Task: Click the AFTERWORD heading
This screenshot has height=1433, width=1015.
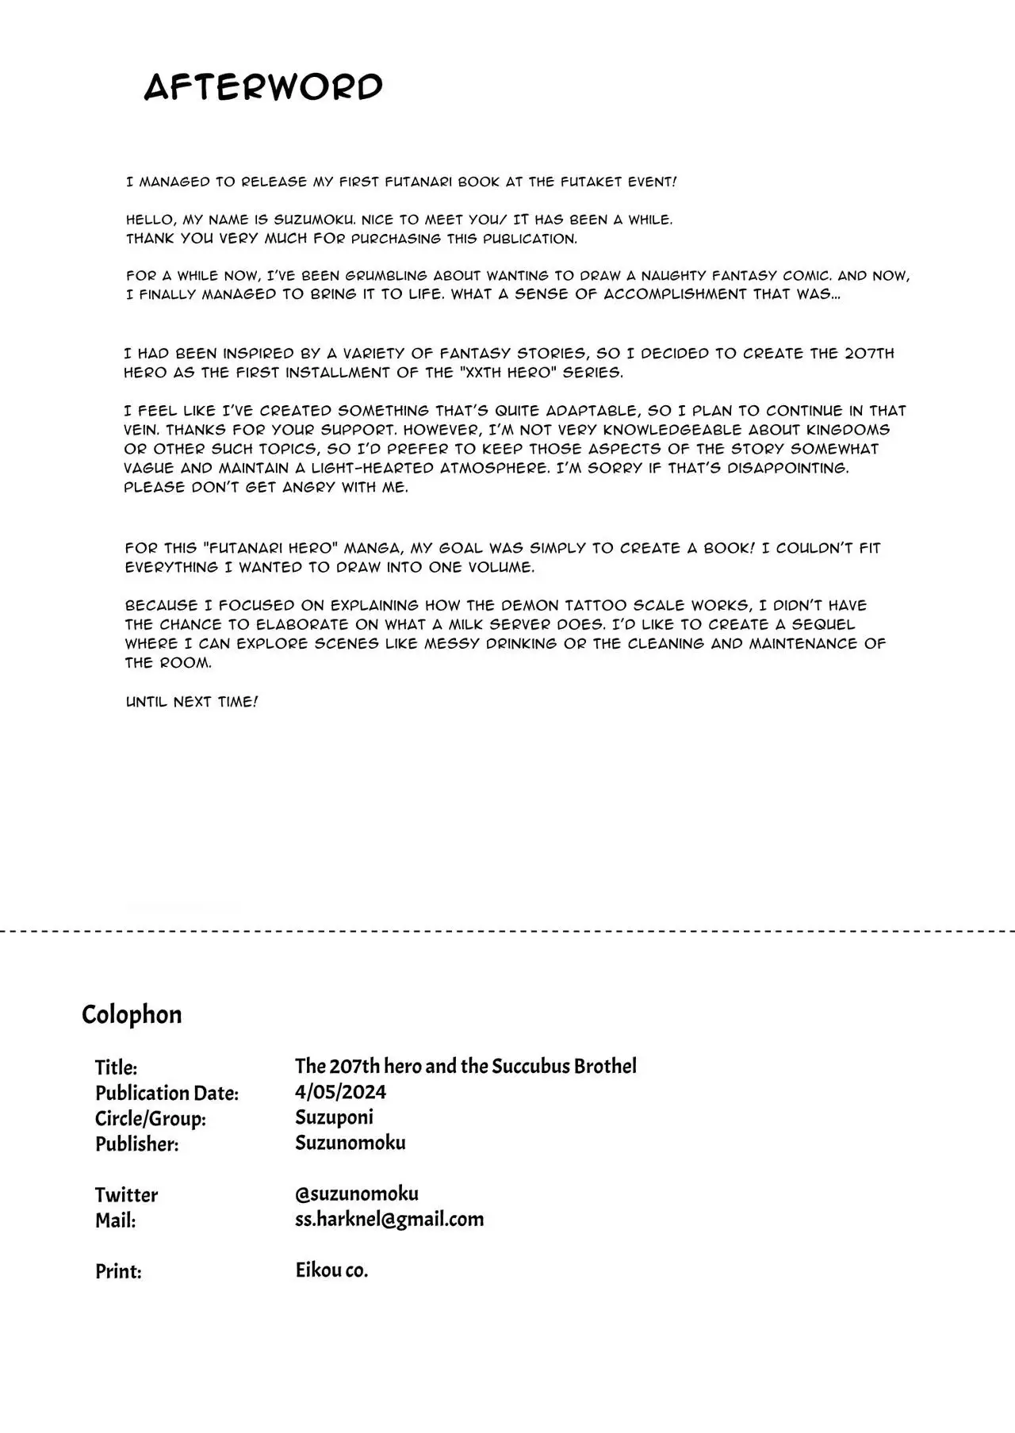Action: pos(263,86)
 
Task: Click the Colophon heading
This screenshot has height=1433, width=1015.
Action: pos(132,1014)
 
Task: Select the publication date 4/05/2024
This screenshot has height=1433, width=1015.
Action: pos(340,1092)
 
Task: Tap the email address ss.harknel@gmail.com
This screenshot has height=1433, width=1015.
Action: pos(389,1219)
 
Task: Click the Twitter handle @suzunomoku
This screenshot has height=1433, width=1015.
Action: pos(357,1194)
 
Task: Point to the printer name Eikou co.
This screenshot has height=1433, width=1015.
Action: pos(331,1270)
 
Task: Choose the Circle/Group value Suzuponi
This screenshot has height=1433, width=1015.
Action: pos(334,1117)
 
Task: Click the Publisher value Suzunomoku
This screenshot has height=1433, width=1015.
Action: pos(350,1143)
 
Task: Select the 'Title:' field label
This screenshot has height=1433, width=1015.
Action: pos(116,1067)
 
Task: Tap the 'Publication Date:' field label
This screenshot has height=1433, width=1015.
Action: pos(167,1093)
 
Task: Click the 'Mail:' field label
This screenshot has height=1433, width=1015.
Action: pos(115,1220)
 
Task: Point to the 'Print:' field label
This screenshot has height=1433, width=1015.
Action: pos(118,1271)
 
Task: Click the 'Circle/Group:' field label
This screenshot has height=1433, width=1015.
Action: pos(151,1119)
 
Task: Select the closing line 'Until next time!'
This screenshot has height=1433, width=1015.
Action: pos(191,702)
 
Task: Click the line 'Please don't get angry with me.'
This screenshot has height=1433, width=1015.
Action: pos(266,487)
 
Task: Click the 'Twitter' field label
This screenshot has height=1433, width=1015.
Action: pos(126,1195)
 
